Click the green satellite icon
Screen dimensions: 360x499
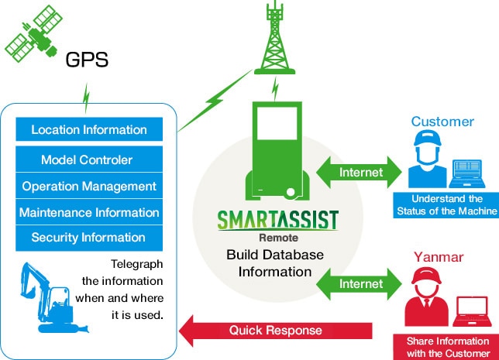[31, 36]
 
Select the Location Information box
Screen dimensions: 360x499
[89, 129]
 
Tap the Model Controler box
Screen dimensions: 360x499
[89, 160]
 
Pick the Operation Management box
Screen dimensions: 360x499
[89, 187]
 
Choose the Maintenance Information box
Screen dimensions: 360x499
[89, 212]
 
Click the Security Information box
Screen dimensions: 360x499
[89, 238]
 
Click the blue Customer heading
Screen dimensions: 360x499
[442, 122]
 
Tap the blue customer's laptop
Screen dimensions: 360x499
[473, 172]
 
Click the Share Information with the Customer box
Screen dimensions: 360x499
[449, 345]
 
